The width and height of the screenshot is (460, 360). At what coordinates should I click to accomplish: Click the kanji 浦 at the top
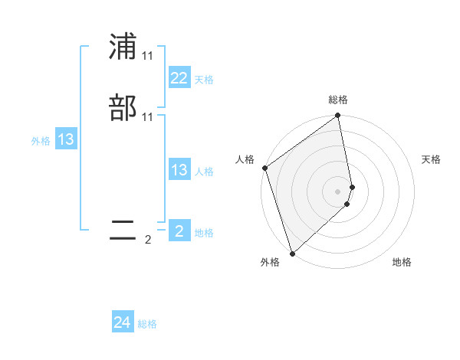point(123,47)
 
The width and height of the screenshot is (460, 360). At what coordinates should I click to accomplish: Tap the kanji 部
point(123,108)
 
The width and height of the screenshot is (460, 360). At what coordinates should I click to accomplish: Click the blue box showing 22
point(179,78)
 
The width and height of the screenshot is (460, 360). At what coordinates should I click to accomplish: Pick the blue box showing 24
point(123,323)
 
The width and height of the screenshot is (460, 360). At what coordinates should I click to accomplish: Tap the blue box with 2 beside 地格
point(179,231)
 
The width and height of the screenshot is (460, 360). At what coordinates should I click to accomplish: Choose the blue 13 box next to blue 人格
point(179,170)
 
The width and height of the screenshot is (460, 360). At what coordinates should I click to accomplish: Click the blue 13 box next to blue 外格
point(66,139)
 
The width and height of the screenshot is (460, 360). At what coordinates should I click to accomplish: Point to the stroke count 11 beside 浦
point(147,57)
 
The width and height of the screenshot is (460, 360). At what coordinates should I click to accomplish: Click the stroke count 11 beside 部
point(147,117)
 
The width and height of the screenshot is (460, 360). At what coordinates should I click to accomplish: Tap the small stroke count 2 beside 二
point(148,240)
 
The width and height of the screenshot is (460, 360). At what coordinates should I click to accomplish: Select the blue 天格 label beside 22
point(203,79)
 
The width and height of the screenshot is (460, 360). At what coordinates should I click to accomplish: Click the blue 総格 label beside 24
point(147,324)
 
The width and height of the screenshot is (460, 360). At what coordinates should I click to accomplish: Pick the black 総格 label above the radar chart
point(338,100)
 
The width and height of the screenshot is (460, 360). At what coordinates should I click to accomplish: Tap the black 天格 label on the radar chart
point(431,159)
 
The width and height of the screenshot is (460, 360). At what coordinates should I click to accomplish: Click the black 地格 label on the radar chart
point(402,262)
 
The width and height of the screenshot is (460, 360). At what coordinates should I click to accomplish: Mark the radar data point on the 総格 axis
point(338,116)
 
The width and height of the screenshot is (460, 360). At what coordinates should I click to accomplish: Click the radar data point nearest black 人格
point(264,168)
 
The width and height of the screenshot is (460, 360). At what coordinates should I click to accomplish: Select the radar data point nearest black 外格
point(292,253)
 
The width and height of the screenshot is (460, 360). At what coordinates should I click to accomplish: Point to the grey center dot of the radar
point(338,191)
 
